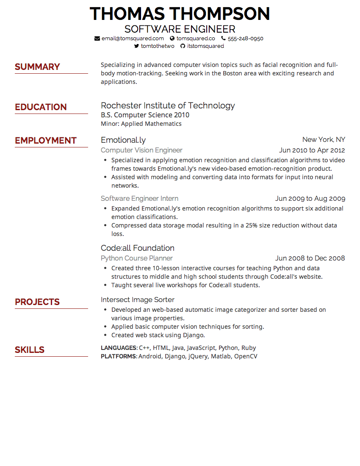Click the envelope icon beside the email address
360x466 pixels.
point(97,39)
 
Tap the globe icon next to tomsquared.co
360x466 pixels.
point(172,39)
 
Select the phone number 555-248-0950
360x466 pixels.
point(245,39)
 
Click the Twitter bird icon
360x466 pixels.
point(136,46)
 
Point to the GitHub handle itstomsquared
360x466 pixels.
point(205,46)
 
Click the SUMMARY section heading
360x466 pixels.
point(37,67)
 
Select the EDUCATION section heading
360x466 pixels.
point(41,107)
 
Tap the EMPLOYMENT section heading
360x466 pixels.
point(46,141)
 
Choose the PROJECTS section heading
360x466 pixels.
point(37,302)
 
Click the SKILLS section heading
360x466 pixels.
point(30,350)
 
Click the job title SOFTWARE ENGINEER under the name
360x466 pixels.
point(180,29)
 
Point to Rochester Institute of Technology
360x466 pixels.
point(168,105)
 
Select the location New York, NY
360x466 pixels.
point(324,140)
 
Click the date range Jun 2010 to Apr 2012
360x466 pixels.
point(312,150)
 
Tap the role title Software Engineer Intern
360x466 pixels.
point(139,199)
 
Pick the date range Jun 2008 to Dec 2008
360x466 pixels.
point(310,258)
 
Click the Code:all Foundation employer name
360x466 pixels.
point(138,248)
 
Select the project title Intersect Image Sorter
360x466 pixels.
point(138,300)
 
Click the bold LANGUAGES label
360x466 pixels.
point(119,348)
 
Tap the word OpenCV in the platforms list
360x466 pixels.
point(246,357)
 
